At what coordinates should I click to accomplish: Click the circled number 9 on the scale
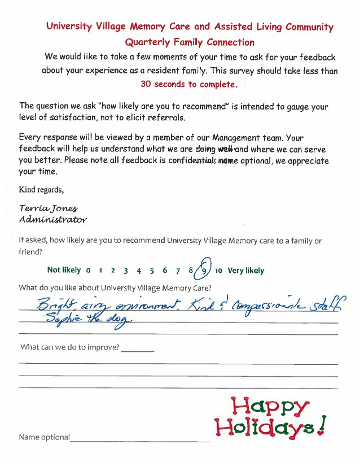point(204,271)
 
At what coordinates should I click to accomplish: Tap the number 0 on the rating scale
point(88,271)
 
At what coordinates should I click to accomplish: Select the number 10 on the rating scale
point(219,271)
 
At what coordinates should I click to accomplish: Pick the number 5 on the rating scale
point(152,271)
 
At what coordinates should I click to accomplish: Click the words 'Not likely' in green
point(64,271)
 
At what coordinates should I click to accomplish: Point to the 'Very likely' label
point(245,271)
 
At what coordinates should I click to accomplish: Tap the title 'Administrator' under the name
point(53,219)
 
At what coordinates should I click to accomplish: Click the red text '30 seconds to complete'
point(188,84)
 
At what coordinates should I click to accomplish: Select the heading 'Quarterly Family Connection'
point(190,42)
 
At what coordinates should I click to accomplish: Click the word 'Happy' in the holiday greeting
point(271,407)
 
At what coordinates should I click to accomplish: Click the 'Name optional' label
point(44,437)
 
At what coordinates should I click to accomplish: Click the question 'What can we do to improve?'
point(70,347)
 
